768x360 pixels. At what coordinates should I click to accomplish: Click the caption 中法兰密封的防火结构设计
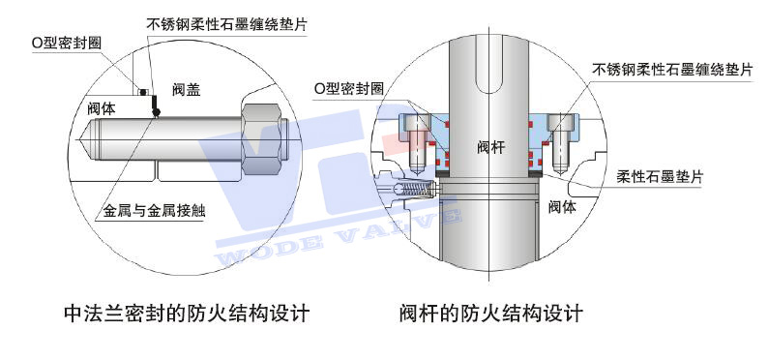[186, 315]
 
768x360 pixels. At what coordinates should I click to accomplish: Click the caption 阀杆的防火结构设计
[490, 315]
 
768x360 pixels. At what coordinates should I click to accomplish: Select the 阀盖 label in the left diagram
[186, 89]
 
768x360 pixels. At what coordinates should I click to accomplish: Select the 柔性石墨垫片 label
[659, 178]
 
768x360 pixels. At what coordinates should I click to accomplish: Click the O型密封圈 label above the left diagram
[67, 43]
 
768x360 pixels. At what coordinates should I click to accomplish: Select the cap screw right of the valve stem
[560, 137]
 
